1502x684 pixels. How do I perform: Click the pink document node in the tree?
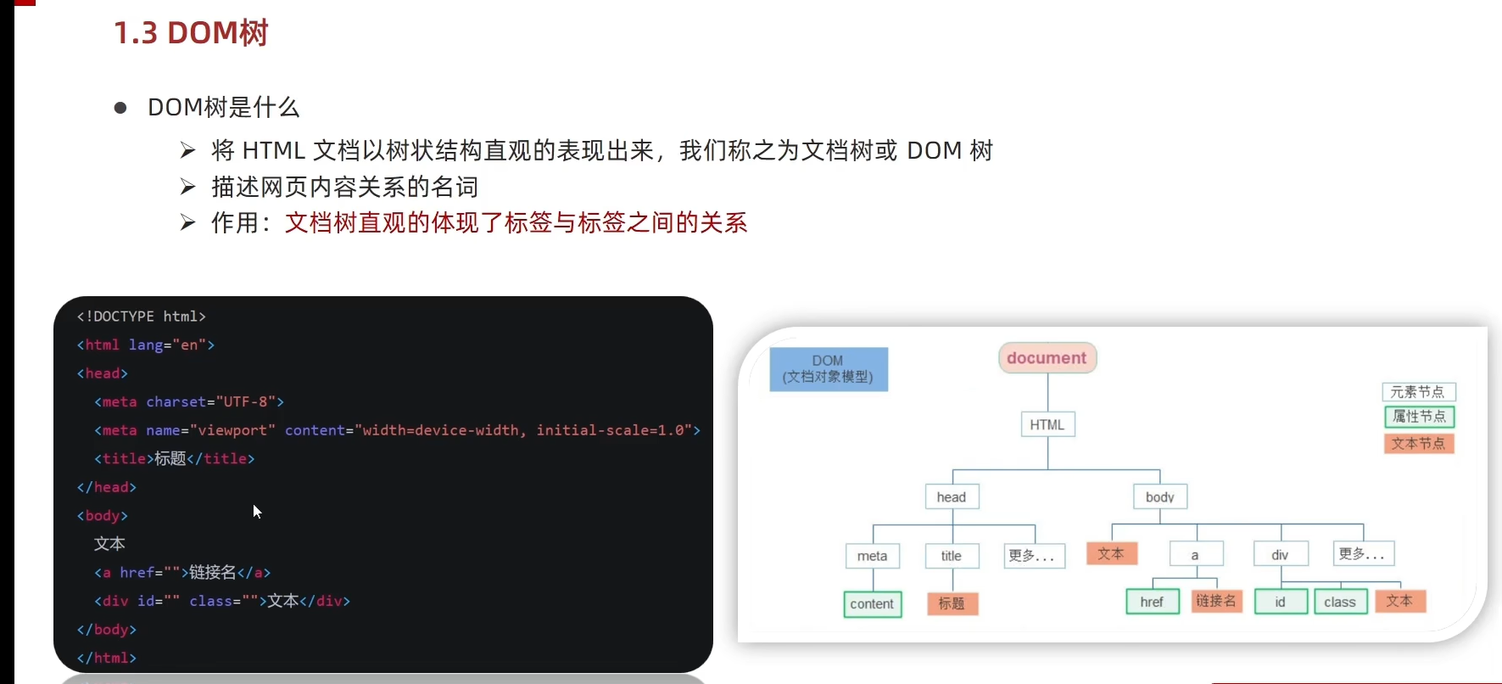coord(1047,358)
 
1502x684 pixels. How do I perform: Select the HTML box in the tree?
coord(1047,424)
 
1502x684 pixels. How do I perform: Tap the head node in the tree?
coord(952,496)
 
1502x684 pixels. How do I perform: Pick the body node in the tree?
coord(1160,496)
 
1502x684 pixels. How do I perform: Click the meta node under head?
coord(873,556)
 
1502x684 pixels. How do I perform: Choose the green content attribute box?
coord(873,604)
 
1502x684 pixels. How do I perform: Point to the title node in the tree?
coord(952,556)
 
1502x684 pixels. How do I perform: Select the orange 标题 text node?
coord(952,603)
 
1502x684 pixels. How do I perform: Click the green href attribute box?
coord(1153,602)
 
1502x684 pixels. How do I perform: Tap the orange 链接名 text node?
coord(1217,601)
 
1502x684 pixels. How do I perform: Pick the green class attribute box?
coord(1340,602)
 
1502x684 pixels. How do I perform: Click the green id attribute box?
coord(1281,602)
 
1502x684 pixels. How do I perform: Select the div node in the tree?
coord(1281,554)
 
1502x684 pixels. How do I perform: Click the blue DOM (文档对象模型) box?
coord(829,369)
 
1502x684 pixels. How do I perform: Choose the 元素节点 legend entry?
coord(1418,392)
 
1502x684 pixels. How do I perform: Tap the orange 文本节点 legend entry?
coord(1419,443)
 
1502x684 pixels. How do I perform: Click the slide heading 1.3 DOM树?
coord(191,33)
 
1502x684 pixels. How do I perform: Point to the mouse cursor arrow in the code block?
coord(257,511)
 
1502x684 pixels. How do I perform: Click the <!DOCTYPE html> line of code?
coord(142,317)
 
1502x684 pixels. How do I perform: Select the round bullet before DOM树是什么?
coord(120,108)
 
